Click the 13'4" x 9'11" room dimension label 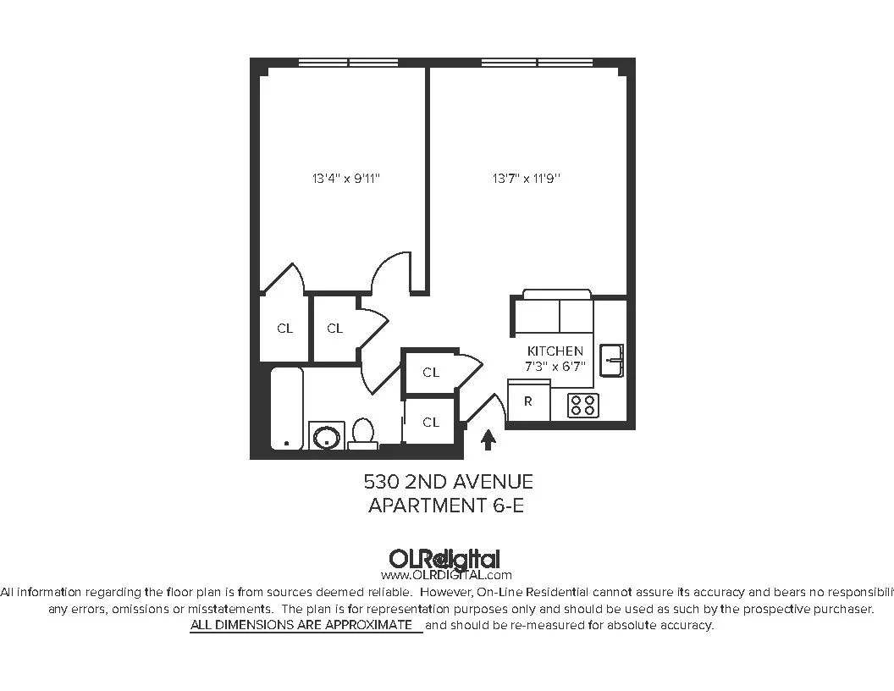[351, 179]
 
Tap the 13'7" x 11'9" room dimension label [527, 179]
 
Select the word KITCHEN [555, 351]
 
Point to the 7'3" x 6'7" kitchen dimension [555, 366]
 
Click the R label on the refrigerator [528, 401]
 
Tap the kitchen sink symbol [611, 360]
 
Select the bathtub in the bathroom [287, 408]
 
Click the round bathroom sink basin [326, 437]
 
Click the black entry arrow [488, 439]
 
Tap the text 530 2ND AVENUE [449, 482]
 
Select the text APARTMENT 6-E [449, 506]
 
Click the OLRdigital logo [444, 560]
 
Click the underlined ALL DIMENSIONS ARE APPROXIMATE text [305, 625]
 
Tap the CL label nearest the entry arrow [431, 422]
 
